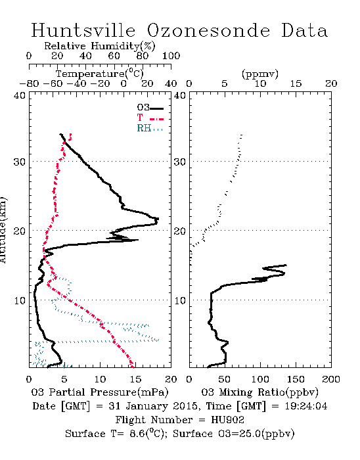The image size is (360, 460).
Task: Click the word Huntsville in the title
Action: pos(83,30)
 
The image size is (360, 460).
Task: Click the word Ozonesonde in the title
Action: pos(208,30)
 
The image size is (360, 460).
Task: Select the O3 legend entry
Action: pos(150,108)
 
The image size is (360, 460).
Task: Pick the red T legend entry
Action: pos(150,118)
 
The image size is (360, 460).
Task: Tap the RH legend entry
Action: pos(150,128)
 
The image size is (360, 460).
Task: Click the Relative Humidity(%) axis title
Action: pos(100,46)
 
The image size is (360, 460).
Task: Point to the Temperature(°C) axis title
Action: pos(100,74)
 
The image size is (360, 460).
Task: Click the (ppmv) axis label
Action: pos(260,74)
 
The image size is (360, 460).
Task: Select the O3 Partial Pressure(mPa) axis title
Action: pos(100,392)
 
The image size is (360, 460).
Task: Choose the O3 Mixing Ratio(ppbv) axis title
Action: pos(259,392)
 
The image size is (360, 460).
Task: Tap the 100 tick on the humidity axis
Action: pos(171,56)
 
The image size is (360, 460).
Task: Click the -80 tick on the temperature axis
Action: pos(29,84)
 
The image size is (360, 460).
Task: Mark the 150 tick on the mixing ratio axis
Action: pos(296,379)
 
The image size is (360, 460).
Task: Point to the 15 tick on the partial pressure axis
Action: pos(135,379)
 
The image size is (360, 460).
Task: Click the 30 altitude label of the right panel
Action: pos(180,162)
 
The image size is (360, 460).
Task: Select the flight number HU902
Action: pos(227,420)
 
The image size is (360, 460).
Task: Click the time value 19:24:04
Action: pos(306,406)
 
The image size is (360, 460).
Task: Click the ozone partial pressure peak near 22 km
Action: pos(158,219)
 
